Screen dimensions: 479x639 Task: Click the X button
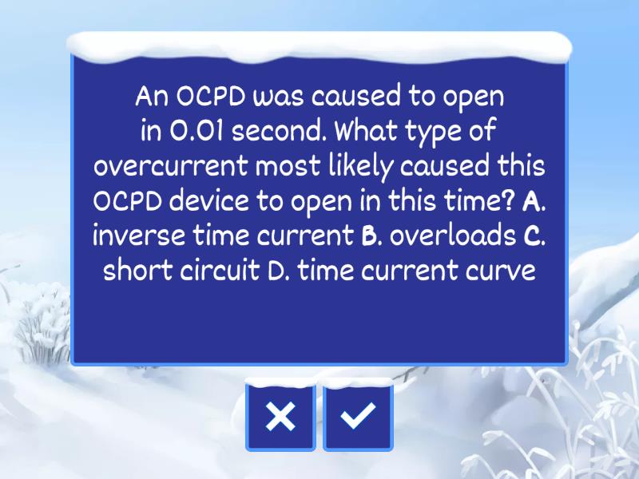(x=280, y=416)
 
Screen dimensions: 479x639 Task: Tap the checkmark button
(x=358, y=416)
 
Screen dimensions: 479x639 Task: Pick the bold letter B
(x=369, y=237)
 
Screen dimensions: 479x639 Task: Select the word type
(x=435, y=132)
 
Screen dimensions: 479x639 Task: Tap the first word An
(x=152, y=97)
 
